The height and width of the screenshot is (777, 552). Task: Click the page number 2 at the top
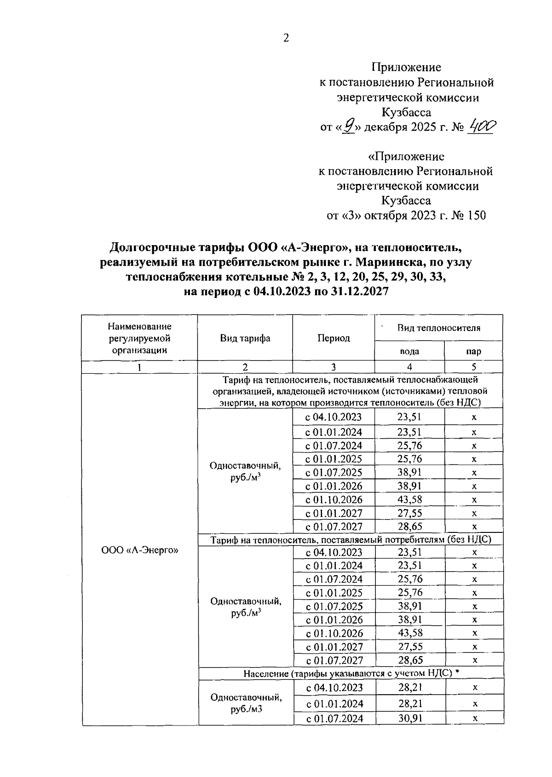pos(286,39)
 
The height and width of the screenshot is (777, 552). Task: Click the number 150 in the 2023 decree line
pos(477,215)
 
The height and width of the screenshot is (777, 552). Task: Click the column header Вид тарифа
pos(245,338)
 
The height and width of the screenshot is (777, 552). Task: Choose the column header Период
pos(333,338)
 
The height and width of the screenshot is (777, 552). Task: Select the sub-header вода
pos(409,351)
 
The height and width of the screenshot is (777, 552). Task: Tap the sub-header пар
pos(473,351)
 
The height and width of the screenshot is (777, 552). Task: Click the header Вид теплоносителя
pos(439,328)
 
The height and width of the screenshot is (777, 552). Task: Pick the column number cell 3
pos(333,367)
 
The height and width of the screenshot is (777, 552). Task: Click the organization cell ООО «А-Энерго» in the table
pos(139,550)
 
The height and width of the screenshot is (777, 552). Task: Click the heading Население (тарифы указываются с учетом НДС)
pos(351,673)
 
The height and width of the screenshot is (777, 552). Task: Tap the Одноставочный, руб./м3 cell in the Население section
pos(246,703)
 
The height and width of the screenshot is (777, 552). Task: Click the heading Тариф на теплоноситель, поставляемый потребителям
pos(351,540)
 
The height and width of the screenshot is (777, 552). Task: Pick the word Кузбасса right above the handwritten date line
pos(406,112)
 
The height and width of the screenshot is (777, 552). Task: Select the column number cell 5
pos(473,367)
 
